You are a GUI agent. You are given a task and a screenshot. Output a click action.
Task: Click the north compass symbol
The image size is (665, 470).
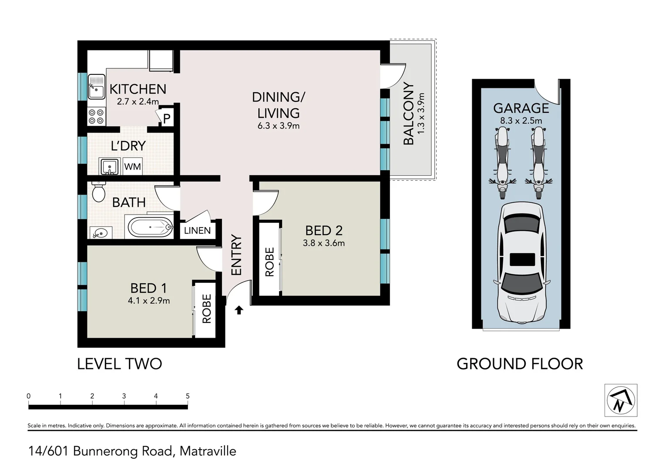pos(621,400)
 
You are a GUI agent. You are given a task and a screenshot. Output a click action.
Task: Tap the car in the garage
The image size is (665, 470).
pos(522,263)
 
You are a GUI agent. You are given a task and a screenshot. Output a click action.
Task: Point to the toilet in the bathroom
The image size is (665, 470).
pos(98,192)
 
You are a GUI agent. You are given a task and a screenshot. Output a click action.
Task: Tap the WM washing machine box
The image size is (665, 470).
pos(132,166)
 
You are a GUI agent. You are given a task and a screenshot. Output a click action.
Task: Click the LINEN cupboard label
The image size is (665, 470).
pos(197,230)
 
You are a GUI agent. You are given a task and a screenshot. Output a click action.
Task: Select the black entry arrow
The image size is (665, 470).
pos(239,310)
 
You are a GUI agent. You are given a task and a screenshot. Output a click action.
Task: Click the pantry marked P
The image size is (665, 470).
pos(167,118)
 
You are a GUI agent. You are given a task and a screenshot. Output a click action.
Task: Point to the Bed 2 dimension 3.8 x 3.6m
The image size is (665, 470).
pos(324,243)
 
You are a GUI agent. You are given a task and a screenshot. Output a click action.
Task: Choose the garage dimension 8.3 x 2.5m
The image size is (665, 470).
pos(521,121)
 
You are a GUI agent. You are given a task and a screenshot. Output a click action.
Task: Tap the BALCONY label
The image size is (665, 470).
pos(409,114)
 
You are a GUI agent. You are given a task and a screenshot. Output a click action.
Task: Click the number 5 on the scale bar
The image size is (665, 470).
pos(188,396)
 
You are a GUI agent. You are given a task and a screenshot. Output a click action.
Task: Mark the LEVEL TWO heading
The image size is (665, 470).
pos(120,364)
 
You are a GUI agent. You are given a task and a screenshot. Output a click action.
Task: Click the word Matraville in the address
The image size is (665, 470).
pos(208,451)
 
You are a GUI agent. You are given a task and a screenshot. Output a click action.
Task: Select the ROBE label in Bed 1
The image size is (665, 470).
pos(206,309)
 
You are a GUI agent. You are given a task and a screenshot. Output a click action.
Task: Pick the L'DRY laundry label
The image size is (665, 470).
pos(128,146)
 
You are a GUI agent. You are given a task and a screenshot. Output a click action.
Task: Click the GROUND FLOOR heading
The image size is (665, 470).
pos(520,364)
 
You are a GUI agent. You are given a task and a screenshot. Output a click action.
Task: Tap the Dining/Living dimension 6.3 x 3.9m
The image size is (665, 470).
pos(279,126)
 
